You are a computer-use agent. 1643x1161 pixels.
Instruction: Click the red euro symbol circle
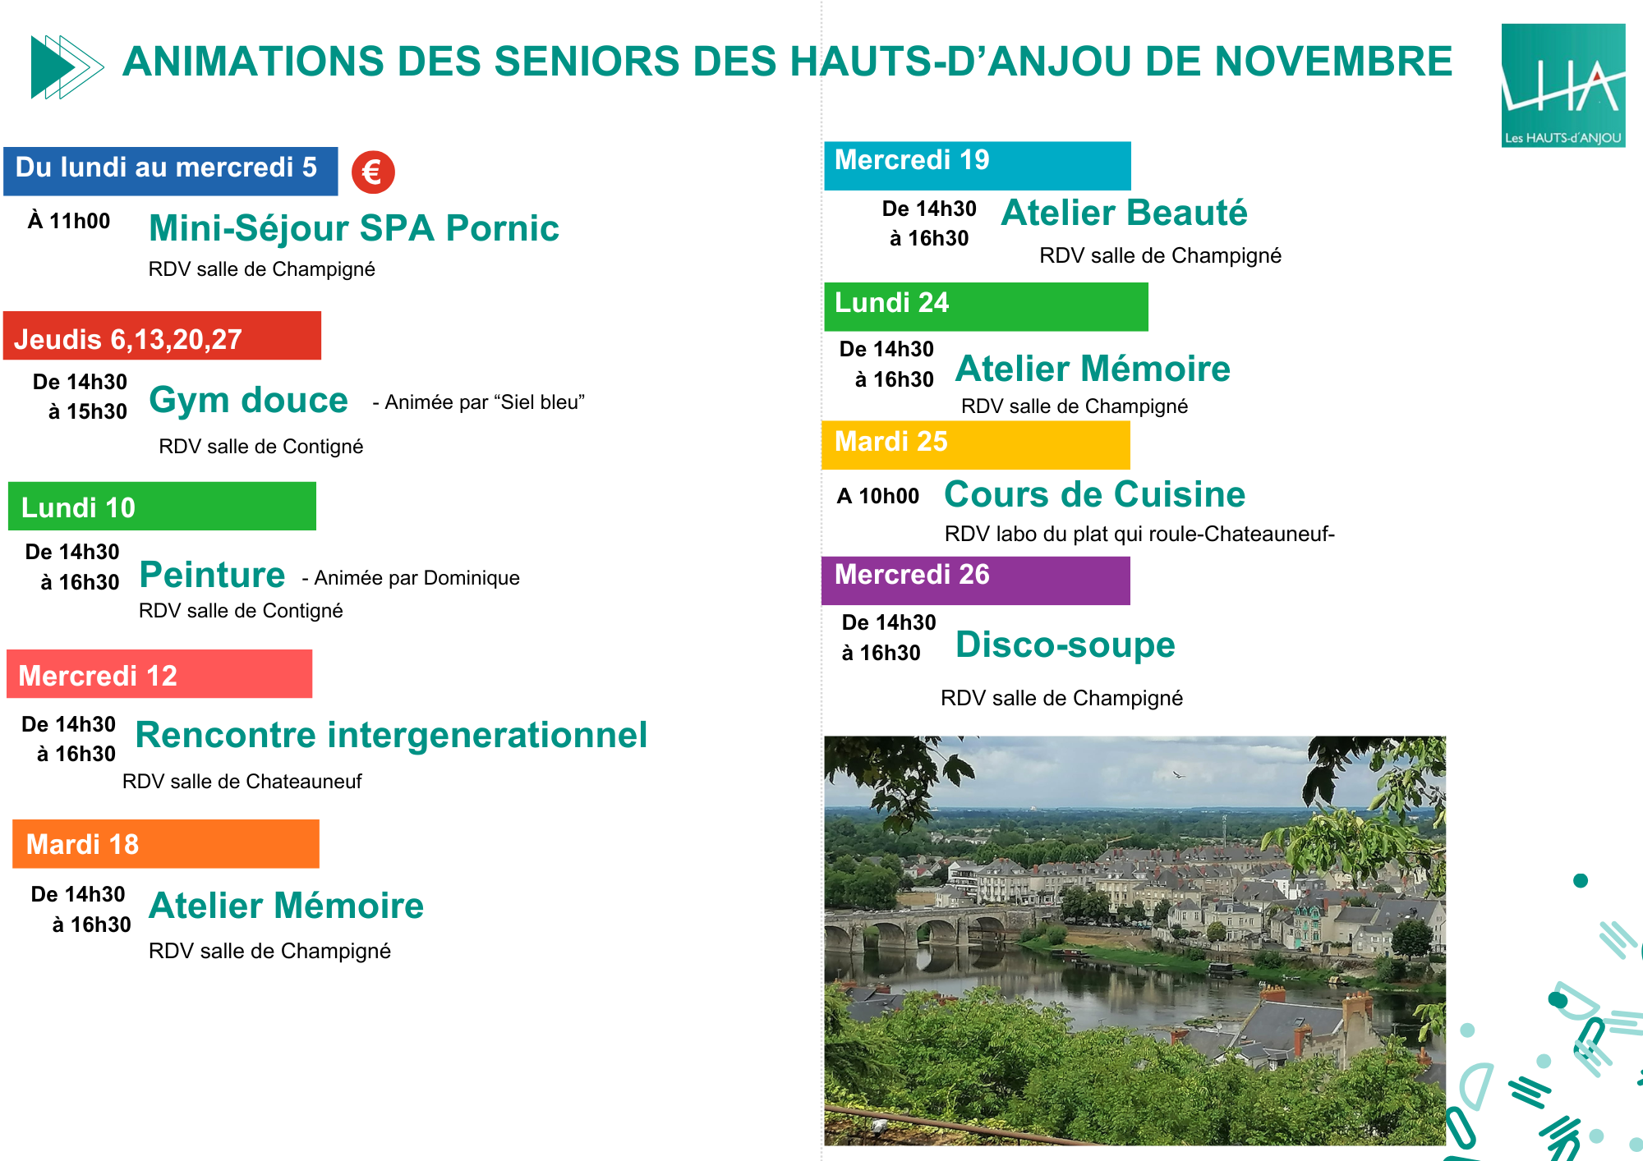(373, 172)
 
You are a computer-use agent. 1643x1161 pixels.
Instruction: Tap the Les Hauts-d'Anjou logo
(1563, 85)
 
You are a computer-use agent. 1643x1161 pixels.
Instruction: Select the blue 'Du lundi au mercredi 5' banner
(171, 171)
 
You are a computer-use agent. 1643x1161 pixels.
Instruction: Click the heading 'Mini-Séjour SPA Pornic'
(354, 228)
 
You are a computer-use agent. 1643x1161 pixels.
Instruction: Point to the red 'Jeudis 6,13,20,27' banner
(162, 335)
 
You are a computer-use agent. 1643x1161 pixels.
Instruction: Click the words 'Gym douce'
(249, 401)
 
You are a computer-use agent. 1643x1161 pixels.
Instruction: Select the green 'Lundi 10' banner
(162, 506)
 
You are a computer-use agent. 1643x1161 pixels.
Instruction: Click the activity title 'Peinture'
(212, 574)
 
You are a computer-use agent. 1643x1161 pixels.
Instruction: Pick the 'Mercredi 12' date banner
(159, 674)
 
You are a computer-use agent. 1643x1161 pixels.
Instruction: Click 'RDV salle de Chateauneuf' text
(242, 782)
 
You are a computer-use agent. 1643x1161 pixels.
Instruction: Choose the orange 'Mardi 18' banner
(166, 843)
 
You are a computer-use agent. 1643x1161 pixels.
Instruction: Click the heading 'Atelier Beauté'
(1124, 213)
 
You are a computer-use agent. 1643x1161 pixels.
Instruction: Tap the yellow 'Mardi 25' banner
(976, 445)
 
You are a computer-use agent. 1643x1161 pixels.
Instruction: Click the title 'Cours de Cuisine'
(1094, 494)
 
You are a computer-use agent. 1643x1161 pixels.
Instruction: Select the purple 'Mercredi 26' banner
(976, 580)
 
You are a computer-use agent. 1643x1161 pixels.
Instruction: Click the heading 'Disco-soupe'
(1065, 645)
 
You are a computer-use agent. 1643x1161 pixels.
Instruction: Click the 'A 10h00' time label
(878, 496)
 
